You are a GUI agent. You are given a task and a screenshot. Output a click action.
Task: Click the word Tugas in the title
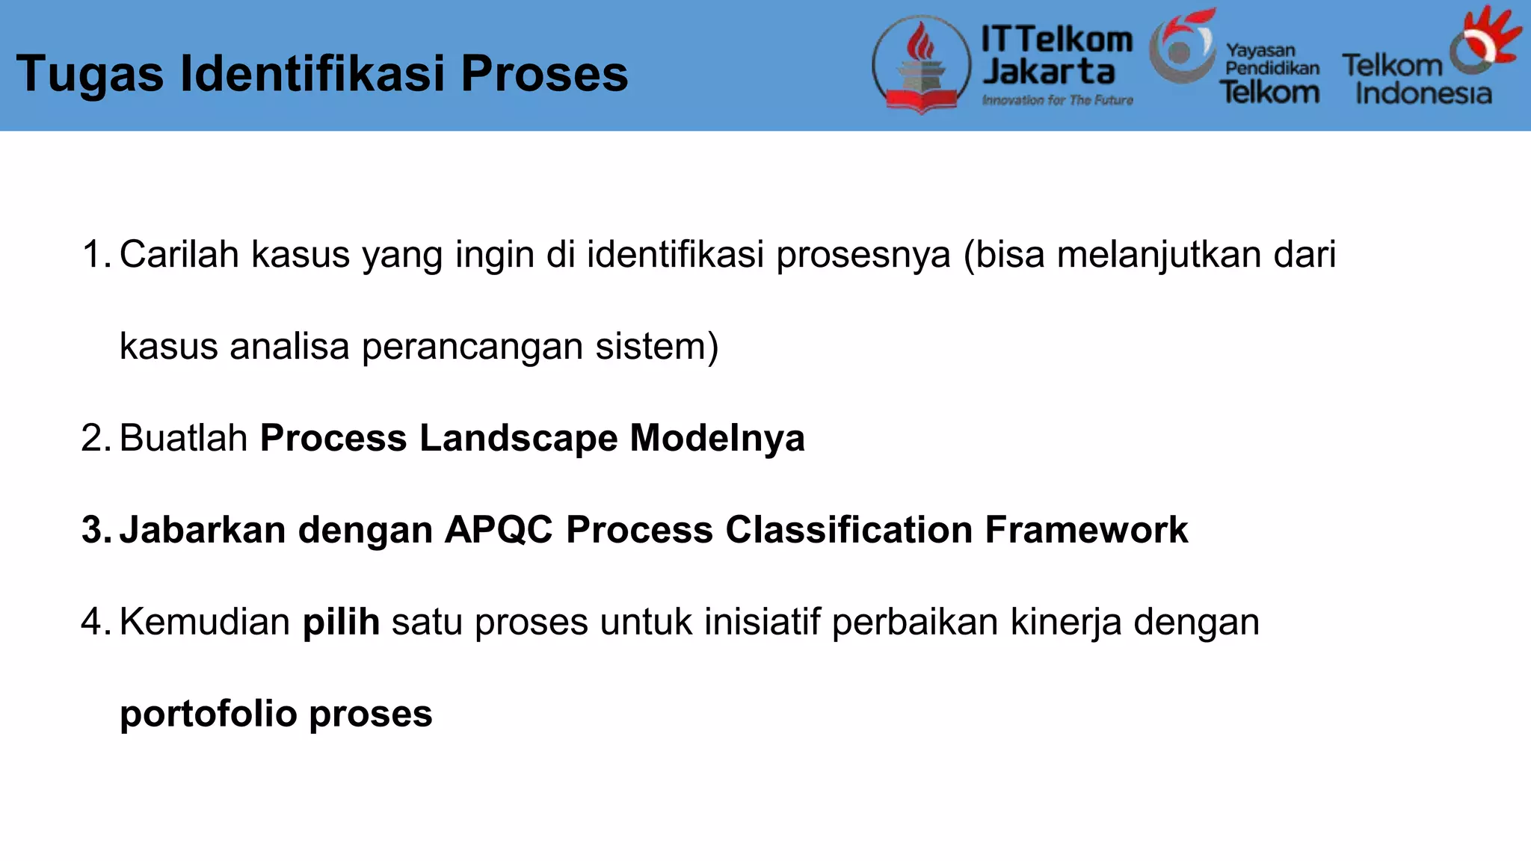click(90, 75)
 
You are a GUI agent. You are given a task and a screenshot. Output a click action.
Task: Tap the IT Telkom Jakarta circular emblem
click(922, 64)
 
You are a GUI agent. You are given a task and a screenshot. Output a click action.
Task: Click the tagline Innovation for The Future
click(1057, 100)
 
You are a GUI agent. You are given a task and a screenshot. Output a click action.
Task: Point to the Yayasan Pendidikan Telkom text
click(1271, 73)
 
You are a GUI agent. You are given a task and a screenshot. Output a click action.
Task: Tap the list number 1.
click(95, 254)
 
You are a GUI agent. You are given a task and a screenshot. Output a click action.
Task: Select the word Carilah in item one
click(179, 254)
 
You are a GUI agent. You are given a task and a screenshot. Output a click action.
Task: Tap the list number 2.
click(95, 438)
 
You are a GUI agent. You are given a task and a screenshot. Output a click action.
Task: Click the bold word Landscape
click(518, 438)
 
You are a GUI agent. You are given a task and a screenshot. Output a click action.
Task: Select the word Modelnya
click(717, 438)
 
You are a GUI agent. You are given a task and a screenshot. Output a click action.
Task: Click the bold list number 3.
click(96, 530)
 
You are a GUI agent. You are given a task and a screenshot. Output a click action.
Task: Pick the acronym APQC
click(499, 530)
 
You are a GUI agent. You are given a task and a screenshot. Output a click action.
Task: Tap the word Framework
click(1085, 530)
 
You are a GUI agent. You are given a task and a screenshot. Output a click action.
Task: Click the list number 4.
click(95, 622)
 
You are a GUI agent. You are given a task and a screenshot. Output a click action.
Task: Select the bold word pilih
click(341, 622)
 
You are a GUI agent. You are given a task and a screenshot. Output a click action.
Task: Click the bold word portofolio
click(208, 714)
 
